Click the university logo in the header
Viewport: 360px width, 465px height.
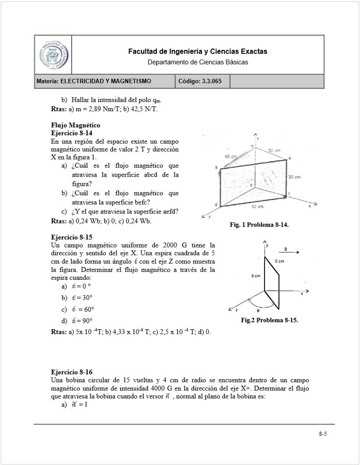(53, 55)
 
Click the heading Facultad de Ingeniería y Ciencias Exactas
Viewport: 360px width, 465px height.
(198, 52)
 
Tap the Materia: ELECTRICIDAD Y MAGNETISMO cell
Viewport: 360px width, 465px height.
(105, 81)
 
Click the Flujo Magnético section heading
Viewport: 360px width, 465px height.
(75, 126)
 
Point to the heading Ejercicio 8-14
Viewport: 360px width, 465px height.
(72, 133)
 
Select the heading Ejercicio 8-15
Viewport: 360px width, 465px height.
(72, 237)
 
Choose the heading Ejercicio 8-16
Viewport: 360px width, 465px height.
(72, 372)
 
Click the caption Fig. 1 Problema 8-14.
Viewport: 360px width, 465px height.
(259, 225)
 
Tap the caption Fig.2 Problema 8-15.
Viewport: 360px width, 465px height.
(269, 321)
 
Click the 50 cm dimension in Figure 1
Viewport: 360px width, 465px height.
(257, 206)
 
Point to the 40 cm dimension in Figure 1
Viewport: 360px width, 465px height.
(230, 156)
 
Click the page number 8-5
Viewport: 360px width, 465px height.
(323, 434)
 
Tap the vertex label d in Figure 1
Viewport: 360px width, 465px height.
(215, 204)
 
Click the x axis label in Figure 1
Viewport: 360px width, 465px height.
(310, 205)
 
